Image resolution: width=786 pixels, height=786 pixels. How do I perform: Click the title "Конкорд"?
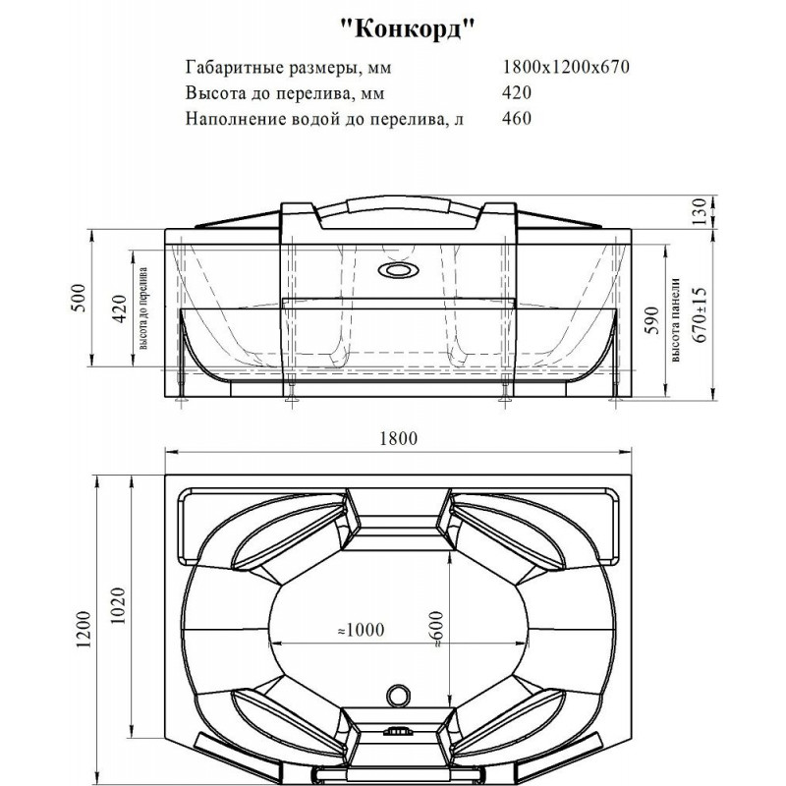coord(407,28)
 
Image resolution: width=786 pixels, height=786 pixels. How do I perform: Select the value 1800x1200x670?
coord(566,67)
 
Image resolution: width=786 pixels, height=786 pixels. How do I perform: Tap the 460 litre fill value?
coord(517,118)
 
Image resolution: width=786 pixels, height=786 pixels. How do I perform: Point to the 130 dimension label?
coord(700,211)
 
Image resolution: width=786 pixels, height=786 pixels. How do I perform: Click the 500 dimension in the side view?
coord(80,298)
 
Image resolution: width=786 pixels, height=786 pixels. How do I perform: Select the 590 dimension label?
coord(651,321)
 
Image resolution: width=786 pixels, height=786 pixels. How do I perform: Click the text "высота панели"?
coord(676,320)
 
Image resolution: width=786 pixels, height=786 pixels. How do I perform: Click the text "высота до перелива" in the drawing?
coord(143,309)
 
